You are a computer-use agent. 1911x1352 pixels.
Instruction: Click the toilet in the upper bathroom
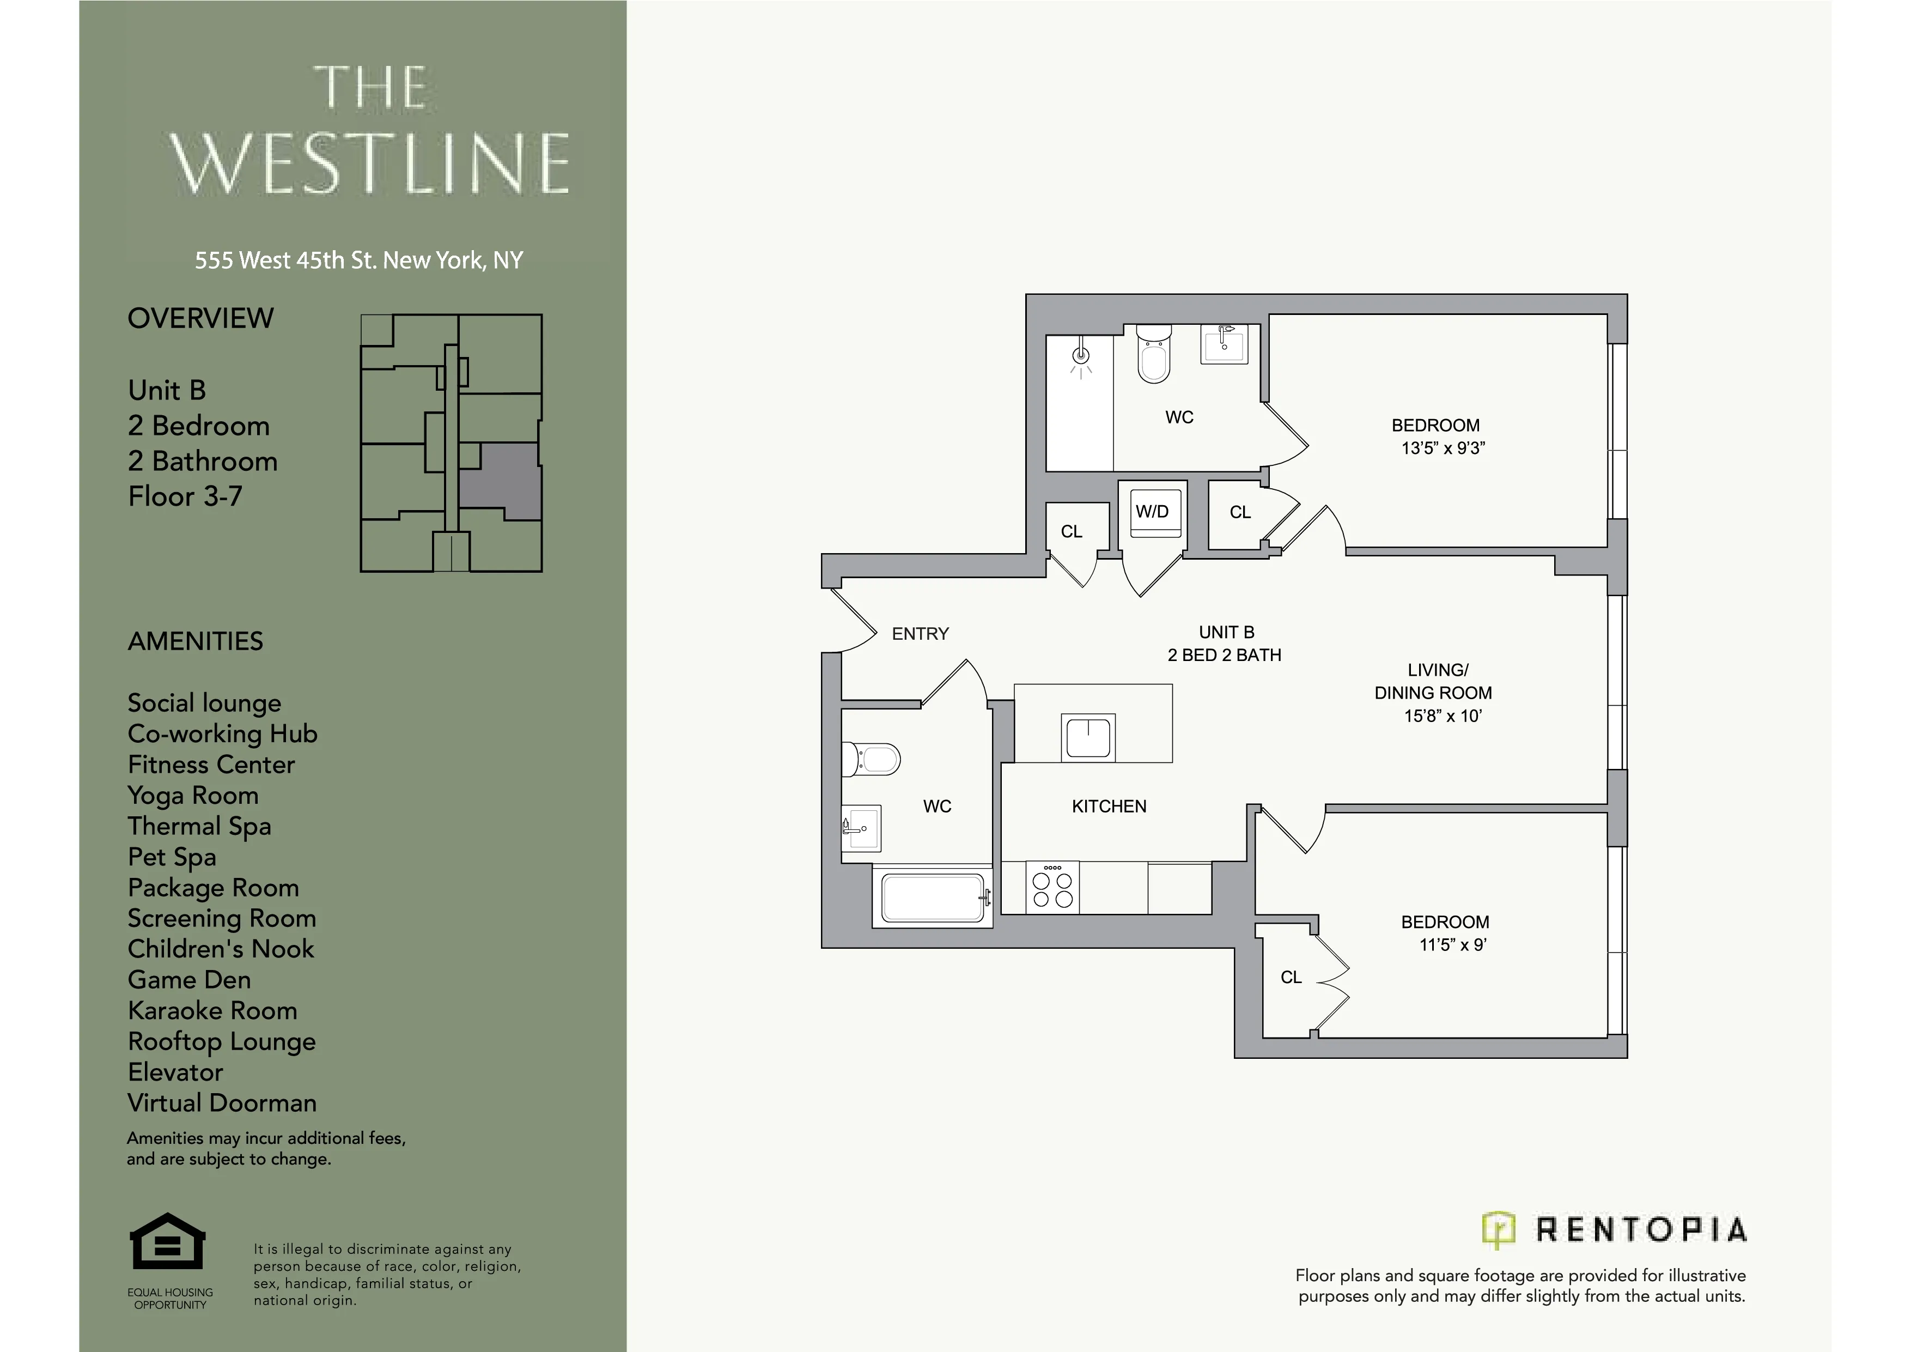tap(1154, 355)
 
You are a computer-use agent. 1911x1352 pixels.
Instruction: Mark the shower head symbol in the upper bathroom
tap(1081, 357)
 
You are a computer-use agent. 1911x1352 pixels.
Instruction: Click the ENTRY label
tap(920, 634)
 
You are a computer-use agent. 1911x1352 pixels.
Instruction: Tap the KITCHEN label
tap(1109, 807)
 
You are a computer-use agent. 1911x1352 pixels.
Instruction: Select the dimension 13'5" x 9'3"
tap(1443, 448)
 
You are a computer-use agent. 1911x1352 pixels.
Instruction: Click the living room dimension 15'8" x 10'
tap(1443, 716)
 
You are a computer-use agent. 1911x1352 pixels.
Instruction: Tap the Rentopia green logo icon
tap(1498, 1229)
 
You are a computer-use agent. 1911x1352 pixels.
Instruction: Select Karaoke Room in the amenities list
tap(212, 1011)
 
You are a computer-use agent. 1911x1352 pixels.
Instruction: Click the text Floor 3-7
tap(185, 497)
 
